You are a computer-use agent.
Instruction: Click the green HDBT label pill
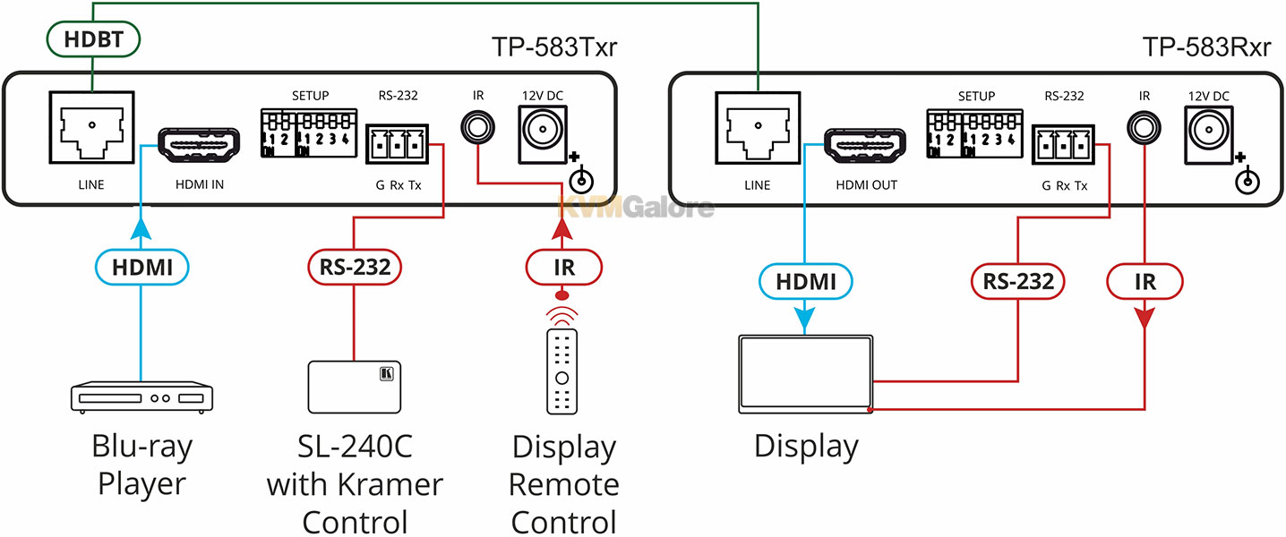pyautogui.click(x=93, y=39)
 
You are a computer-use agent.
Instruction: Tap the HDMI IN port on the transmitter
pyautogui.click(x=199, y=144)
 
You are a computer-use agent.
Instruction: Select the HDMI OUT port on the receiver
pyautogui.click(x=864, y=145)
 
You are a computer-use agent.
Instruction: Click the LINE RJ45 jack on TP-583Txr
pyautogui.click(x=92, y=127)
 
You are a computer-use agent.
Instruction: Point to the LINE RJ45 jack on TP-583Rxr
pyautogui.click(x=758, y=128)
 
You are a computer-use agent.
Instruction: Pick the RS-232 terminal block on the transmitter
pyautogui.click(x=398, y=144)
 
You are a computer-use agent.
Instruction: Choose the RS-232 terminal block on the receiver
pyautogui.click(x=1063, y=145)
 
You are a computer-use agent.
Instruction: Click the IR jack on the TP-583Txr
pyautogui.click(x=477, y=127)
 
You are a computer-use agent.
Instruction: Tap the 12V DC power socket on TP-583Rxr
pyautogui.click(x=1208, y=135)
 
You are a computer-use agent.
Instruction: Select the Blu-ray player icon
pyautogui.click(x=141, y=397)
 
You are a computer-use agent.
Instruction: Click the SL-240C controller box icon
pyautogui.click(x=355, y=387)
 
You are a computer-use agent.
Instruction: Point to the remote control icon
pyautogui.click(x=562, y=371)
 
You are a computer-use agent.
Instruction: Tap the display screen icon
pyautogui.click(x=805, y=374)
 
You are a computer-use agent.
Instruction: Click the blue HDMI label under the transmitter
pyautogui.click(x=141, y=268)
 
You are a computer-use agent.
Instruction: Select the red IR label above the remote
pyautogui.click(x=564, y=268)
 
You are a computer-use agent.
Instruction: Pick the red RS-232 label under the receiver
pyautogui.click(x=1018, y=282)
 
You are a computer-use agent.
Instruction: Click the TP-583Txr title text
pyautogui.click(x=554, y=47)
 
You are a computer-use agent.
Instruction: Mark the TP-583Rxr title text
pyautogui.click(x=1207, y=47)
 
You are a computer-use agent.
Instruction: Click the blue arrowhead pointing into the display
pyautogui.click(x=805, y=320)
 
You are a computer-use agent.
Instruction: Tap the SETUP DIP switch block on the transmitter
pyautogui.click(x=309, y=133)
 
